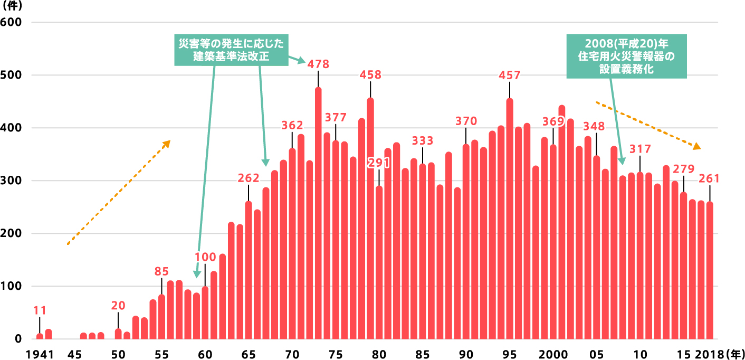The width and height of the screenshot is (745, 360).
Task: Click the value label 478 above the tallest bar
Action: click(318, 64)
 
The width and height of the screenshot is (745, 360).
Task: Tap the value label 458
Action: click(370, 75)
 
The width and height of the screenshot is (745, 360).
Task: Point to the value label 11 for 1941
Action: click(40, 311)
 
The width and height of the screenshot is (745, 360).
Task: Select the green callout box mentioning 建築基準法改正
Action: click(231, 51)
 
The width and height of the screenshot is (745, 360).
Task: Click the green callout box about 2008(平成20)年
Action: click(626, 56)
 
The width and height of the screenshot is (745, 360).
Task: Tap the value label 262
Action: click(249, 178)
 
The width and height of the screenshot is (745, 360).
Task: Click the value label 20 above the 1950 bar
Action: click(118, 306)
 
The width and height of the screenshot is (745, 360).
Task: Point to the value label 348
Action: click(594, 127)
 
